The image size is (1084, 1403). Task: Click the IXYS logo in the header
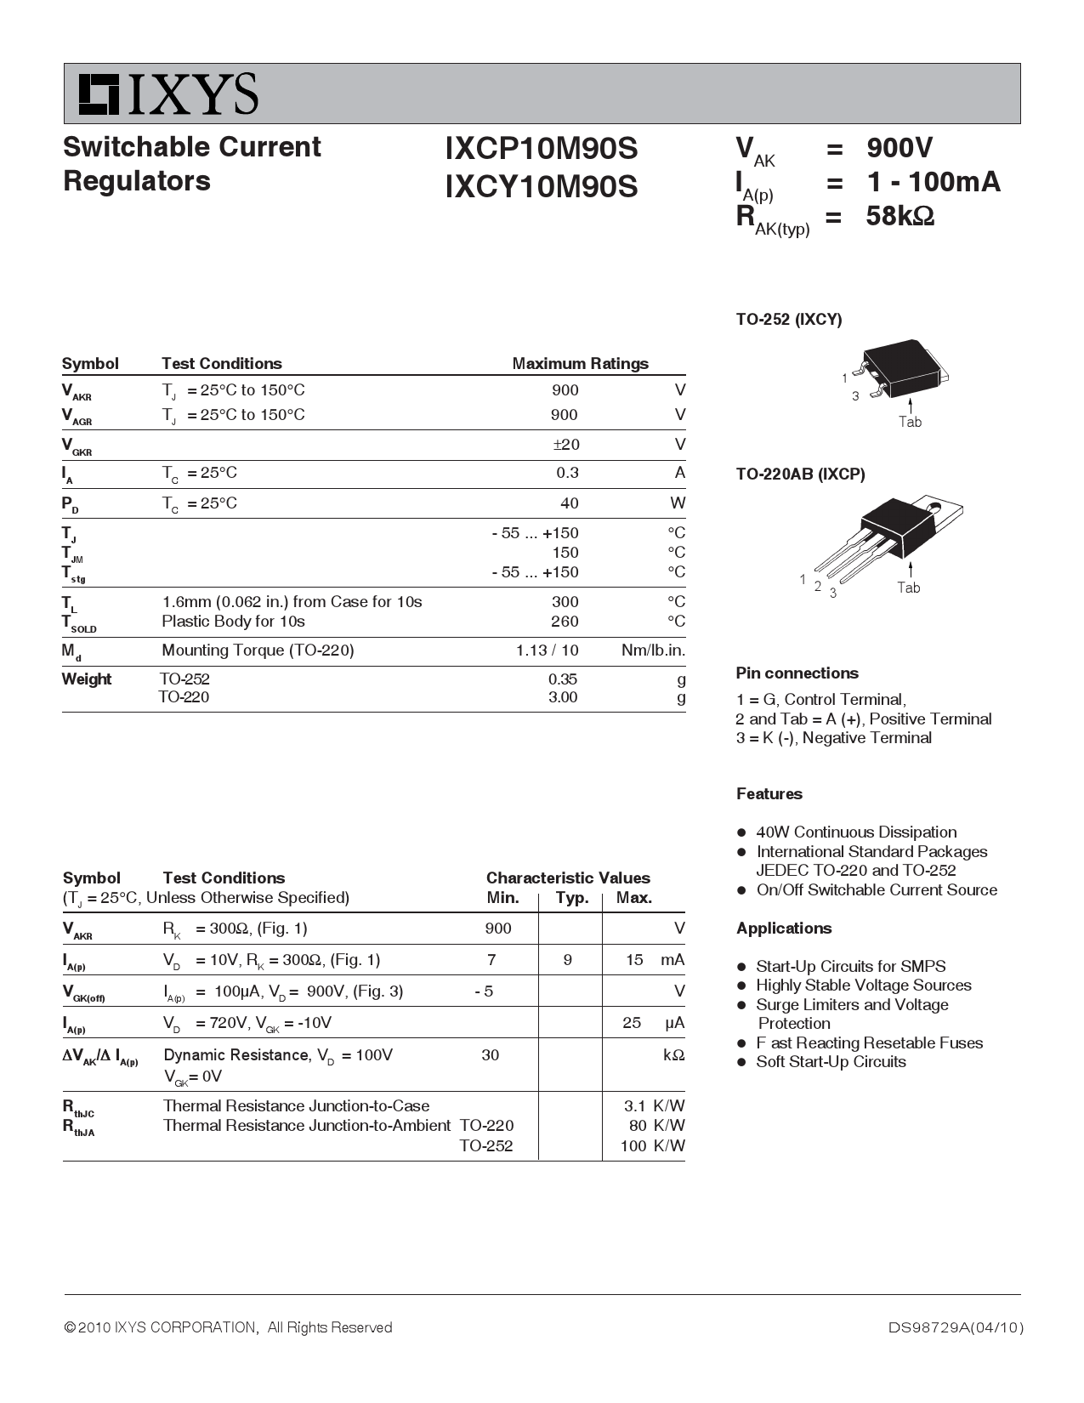coord(168,94)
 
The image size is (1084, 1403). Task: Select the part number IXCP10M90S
coord(541,149)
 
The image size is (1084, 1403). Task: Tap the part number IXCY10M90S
coord(541,186)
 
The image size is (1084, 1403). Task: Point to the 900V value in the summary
coord(900,148)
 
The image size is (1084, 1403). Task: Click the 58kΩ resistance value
coord(900,216)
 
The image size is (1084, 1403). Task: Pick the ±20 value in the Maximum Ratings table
coord(565,445)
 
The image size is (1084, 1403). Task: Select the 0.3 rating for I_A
coord(567,473)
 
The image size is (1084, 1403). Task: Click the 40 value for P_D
coord(570,503)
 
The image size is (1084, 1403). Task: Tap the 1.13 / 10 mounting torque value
coord(547,650)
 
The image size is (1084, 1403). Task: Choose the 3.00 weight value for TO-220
coord(563,697)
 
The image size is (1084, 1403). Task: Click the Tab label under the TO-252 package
coord(910,422)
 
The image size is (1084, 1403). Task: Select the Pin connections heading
coord(797,673)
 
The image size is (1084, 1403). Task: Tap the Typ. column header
coord(572,898)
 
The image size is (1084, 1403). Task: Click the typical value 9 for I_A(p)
coord(568,960)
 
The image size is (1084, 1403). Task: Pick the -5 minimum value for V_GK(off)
coord(484,991)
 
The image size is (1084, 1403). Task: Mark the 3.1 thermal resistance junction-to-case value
coord(635,1106)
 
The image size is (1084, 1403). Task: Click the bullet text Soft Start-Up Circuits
coord(831,1062)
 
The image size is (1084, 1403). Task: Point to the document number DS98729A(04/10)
coord(956,1327)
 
